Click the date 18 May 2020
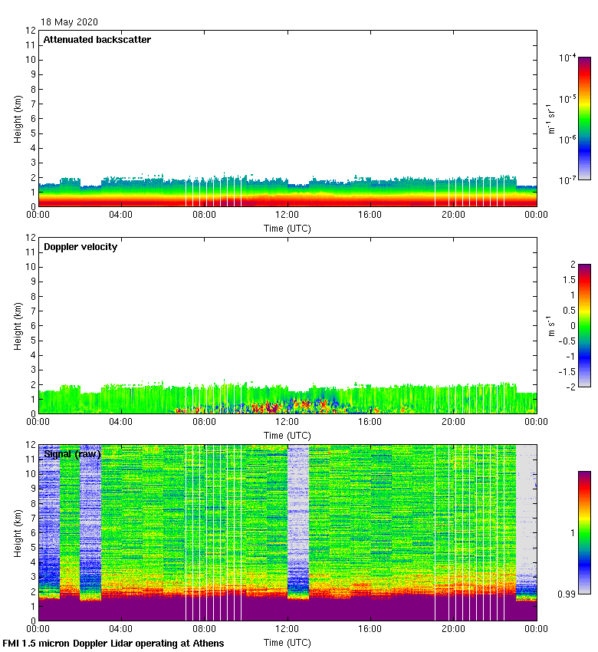click(x=69, y=22)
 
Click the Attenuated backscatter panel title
click(x=97, y=40)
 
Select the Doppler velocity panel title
click(x=80, y=247)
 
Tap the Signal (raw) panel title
click(x=72, y=454)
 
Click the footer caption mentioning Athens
click(x=113, y=643)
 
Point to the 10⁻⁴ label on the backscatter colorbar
click(x=568, y=58)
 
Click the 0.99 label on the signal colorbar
click(x=567, y=594)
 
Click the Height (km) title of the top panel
click(x=17, y=118)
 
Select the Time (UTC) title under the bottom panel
click(x=287, y=641)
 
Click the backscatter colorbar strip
click(x=584, y=118)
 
